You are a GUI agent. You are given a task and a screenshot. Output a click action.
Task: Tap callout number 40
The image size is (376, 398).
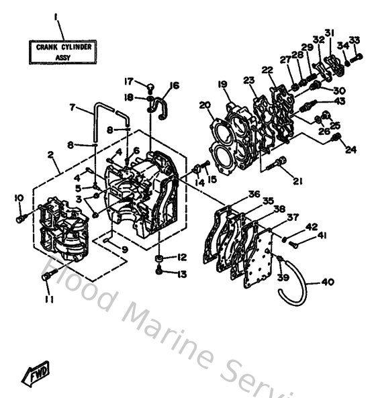point(328,282)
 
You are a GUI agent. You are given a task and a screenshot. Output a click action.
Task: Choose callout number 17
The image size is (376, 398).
point(128,82)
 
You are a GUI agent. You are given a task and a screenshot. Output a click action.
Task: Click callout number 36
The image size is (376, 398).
point(254,194)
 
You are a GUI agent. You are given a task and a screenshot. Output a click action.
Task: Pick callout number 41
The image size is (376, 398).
point(322,236)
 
